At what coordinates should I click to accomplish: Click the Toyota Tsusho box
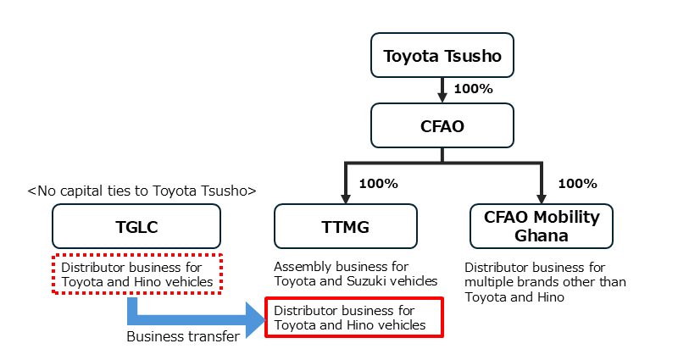(x=442, y=57)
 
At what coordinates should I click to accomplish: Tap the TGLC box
(x=136, y=226)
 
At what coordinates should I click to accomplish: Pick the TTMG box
(x=346, y=226)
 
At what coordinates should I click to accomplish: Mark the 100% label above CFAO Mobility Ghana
(x=577, y=182)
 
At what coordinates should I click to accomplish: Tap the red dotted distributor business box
(x=137, y=274)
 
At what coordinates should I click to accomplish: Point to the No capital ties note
(x=142, y=191)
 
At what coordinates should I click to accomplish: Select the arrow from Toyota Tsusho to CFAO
(x=442, y=89)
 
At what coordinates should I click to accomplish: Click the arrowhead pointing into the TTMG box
(x=346, y=197)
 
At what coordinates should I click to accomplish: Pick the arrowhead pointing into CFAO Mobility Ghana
(x=541, y=197)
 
